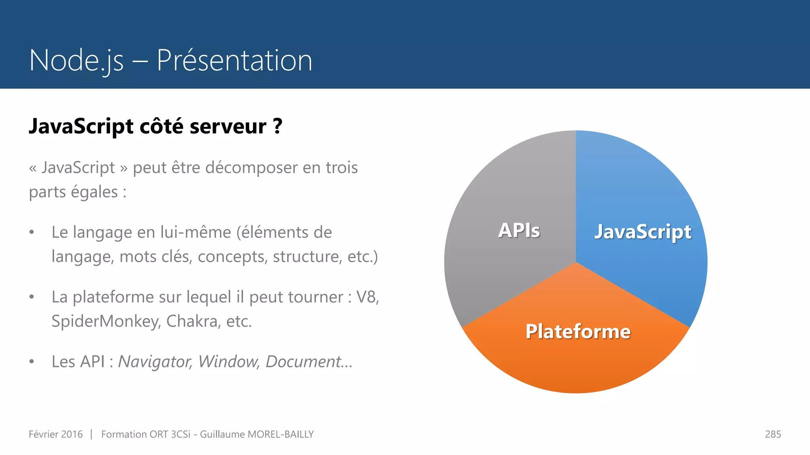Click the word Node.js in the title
(x=76, y=60)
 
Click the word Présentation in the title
(x=235, y=60)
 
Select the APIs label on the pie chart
(x=519, y=230)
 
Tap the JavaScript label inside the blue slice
(x=643, y=231)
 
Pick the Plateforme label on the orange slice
(x=578, y=331)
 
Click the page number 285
(x=773, y=434)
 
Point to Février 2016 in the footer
(x=56, y=434)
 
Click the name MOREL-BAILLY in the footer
(x=280, y=434)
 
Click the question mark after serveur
(x=278, y=127)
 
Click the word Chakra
(x=193, y=322)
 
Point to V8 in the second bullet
(x=367, y=297)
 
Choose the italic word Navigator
(x=155, y=362)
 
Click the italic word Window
(x=229, y=362)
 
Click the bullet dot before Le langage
(x=32, y=233)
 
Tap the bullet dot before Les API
(x=32, y=362)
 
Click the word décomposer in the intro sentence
(x=252, y=168)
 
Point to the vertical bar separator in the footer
(x=91, y=434)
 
